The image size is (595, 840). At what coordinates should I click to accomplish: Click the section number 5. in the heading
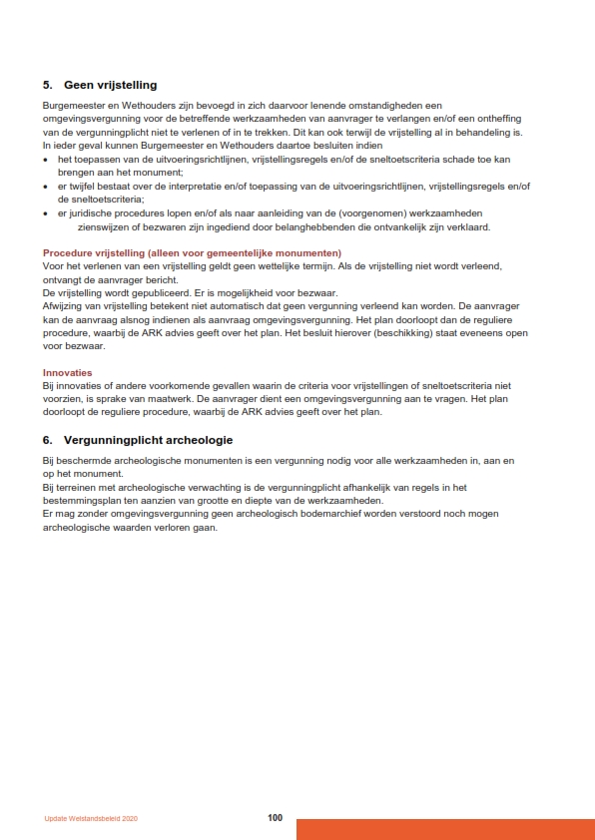click(48, 85)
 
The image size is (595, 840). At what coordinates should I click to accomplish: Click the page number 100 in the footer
click(276, 818)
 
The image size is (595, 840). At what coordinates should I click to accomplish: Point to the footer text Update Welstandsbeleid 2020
click(91, 819)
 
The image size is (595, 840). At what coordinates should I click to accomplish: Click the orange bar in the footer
click(445, 829)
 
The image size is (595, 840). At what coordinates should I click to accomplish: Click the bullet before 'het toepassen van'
click(46, 160)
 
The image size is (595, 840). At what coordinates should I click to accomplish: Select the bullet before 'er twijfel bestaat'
click(46, 187)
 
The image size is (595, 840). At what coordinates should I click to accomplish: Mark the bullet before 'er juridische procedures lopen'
click(46, 213)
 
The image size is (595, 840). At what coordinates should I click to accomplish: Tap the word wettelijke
click(256, 266)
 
